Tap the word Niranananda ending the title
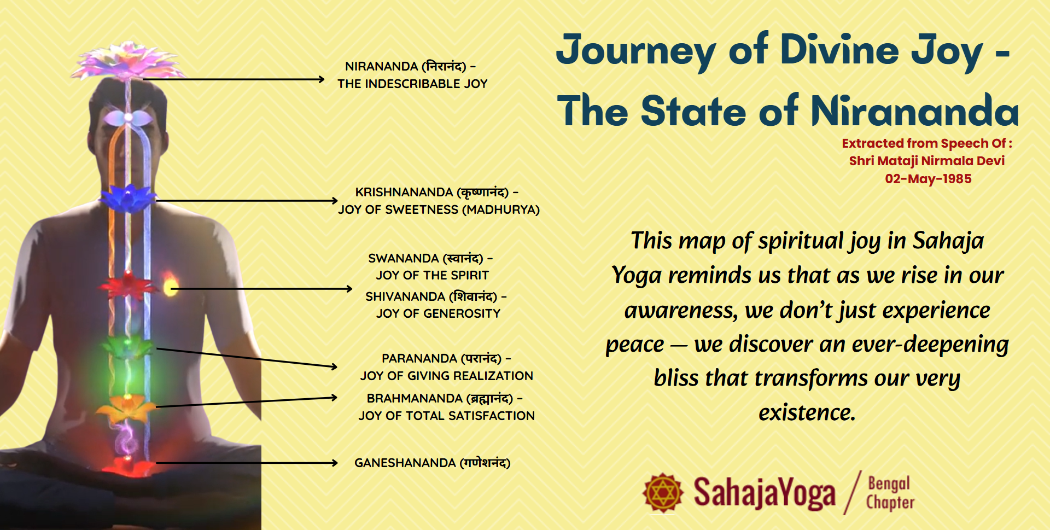[x=915, y=110]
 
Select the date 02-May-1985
[x=928, y=179]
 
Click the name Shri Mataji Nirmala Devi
[x=927, y=161]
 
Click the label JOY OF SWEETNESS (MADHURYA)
[x=439, y=209]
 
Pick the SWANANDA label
[x=430, y=258]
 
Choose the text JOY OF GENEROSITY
[x=438, y=313]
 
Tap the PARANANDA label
[x=446, y=358]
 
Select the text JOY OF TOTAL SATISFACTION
[x=446, y=416]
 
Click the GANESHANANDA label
[x=432, y=463]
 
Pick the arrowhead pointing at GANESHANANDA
[x=334, y=463]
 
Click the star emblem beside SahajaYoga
[x=663, y=493]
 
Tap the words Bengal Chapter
[x=890, y=493]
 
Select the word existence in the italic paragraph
[x=807, y=412]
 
